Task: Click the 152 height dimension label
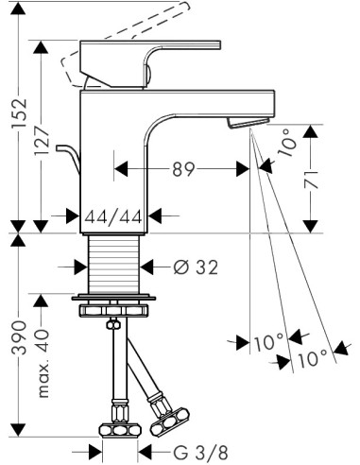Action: click(19, 113)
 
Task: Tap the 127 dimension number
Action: click(42, 141)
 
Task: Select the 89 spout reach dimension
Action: click(183, 169)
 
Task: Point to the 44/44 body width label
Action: click(113, 216)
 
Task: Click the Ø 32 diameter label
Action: click(196, 267)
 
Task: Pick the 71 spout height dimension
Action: click(311, 180)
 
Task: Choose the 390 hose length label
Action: click(19, 337)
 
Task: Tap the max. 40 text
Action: click(42, 363)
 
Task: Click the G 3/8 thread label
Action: click(200, 453)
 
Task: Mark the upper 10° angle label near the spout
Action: click(287, 143)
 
